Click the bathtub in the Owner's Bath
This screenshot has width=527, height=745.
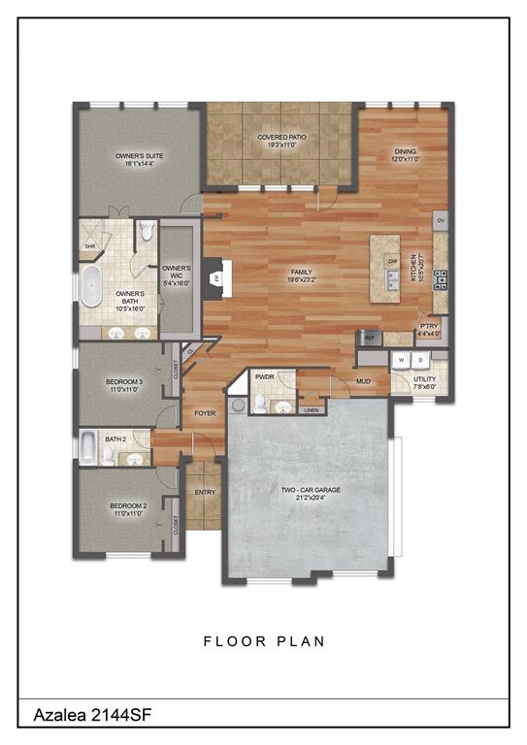(x=91, y=290)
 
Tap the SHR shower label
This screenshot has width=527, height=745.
(x=90, y=245)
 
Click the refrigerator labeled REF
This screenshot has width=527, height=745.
(x=369, y=337)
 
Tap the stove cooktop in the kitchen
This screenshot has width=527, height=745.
(x=440, y=278)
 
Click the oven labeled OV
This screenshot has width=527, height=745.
(x=441, y=220)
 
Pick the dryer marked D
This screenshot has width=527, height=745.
(x=419, y=359)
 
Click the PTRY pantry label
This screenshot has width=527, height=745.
(x=429, y=330)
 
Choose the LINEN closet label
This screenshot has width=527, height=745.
(x=311, y=410)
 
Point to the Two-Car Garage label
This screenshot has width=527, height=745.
(x=311, y=491)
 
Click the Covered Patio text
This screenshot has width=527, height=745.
(x=281, y=138)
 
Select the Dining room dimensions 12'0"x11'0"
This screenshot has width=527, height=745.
(x=405, y=158)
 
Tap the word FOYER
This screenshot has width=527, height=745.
(x=205, y=413)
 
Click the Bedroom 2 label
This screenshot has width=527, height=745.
(x=127, y=505)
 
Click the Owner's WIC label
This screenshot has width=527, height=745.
(x=176, y=274)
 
